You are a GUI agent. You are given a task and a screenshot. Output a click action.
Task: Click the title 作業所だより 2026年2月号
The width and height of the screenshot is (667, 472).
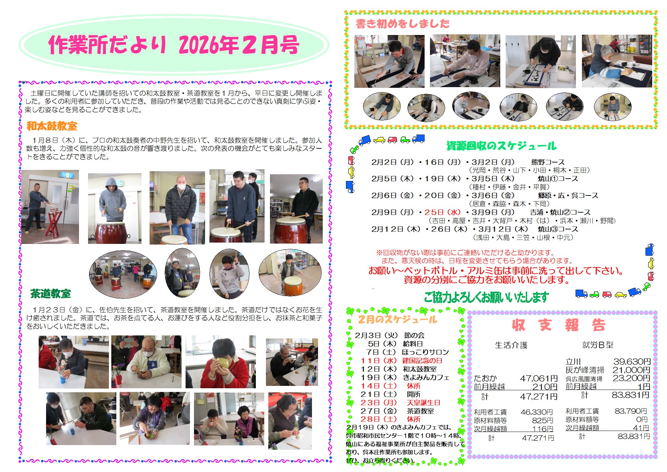coord(174,44)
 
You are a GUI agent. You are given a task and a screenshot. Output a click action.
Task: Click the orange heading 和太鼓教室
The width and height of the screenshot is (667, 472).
coord(52,126)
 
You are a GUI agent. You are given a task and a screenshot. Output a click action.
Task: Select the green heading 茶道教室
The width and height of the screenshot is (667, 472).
coord(50,294)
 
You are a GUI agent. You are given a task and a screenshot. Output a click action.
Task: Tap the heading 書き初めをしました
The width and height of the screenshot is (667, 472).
coord(402,24)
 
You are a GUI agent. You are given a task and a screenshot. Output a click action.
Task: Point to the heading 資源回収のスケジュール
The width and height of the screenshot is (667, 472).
coord(502,146)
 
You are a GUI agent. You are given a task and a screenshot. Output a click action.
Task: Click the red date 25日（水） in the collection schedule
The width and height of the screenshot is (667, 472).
coord(442,212)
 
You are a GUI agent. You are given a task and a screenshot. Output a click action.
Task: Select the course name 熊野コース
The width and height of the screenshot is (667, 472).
coord(548,162)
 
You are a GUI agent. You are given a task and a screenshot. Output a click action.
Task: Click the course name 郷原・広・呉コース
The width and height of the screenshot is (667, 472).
coord(568,195)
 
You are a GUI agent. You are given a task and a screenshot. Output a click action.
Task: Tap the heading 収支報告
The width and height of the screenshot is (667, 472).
coord(559,325)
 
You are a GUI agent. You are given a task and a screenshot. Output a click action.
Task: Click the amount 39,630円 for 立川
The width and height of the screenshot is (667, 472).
coord(632,362)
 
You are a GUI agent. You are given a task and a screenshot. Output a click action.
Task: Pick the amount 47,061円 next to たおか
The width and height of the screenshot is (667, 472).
coord(539,378)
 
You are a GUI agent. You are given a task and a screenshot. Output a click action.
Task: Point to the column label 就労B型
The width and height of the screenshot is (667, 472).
coord(598,345)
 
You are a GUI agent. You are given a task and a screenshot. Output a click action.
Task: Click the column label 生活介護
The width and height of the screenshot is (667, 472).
coord(511,345)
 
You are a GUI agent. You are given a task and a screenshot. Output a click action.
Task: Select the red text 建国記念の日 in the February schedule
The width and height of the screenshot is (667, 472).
coord(422,361)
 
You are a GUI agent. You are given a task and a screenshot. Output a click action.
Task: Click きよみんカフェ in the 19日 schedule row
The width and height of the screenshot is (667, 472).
coord(426,377)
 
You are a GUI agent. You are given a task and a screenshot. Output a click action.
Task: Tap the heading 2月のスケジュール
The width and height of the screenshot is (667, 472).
coord(397,319)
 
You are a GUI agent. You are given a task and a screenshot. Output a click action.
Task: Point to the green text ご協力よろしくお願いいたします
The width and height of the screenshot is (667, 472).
coord(486,297)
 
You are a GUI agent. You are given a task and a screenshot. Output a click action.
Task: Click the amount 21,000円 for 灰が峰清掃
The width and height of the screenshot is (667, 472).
coord(631,370)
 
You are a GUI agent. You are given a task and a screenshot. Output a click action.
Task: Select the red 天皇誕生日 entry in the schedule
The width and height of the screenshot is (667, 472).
coord(423,403)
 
